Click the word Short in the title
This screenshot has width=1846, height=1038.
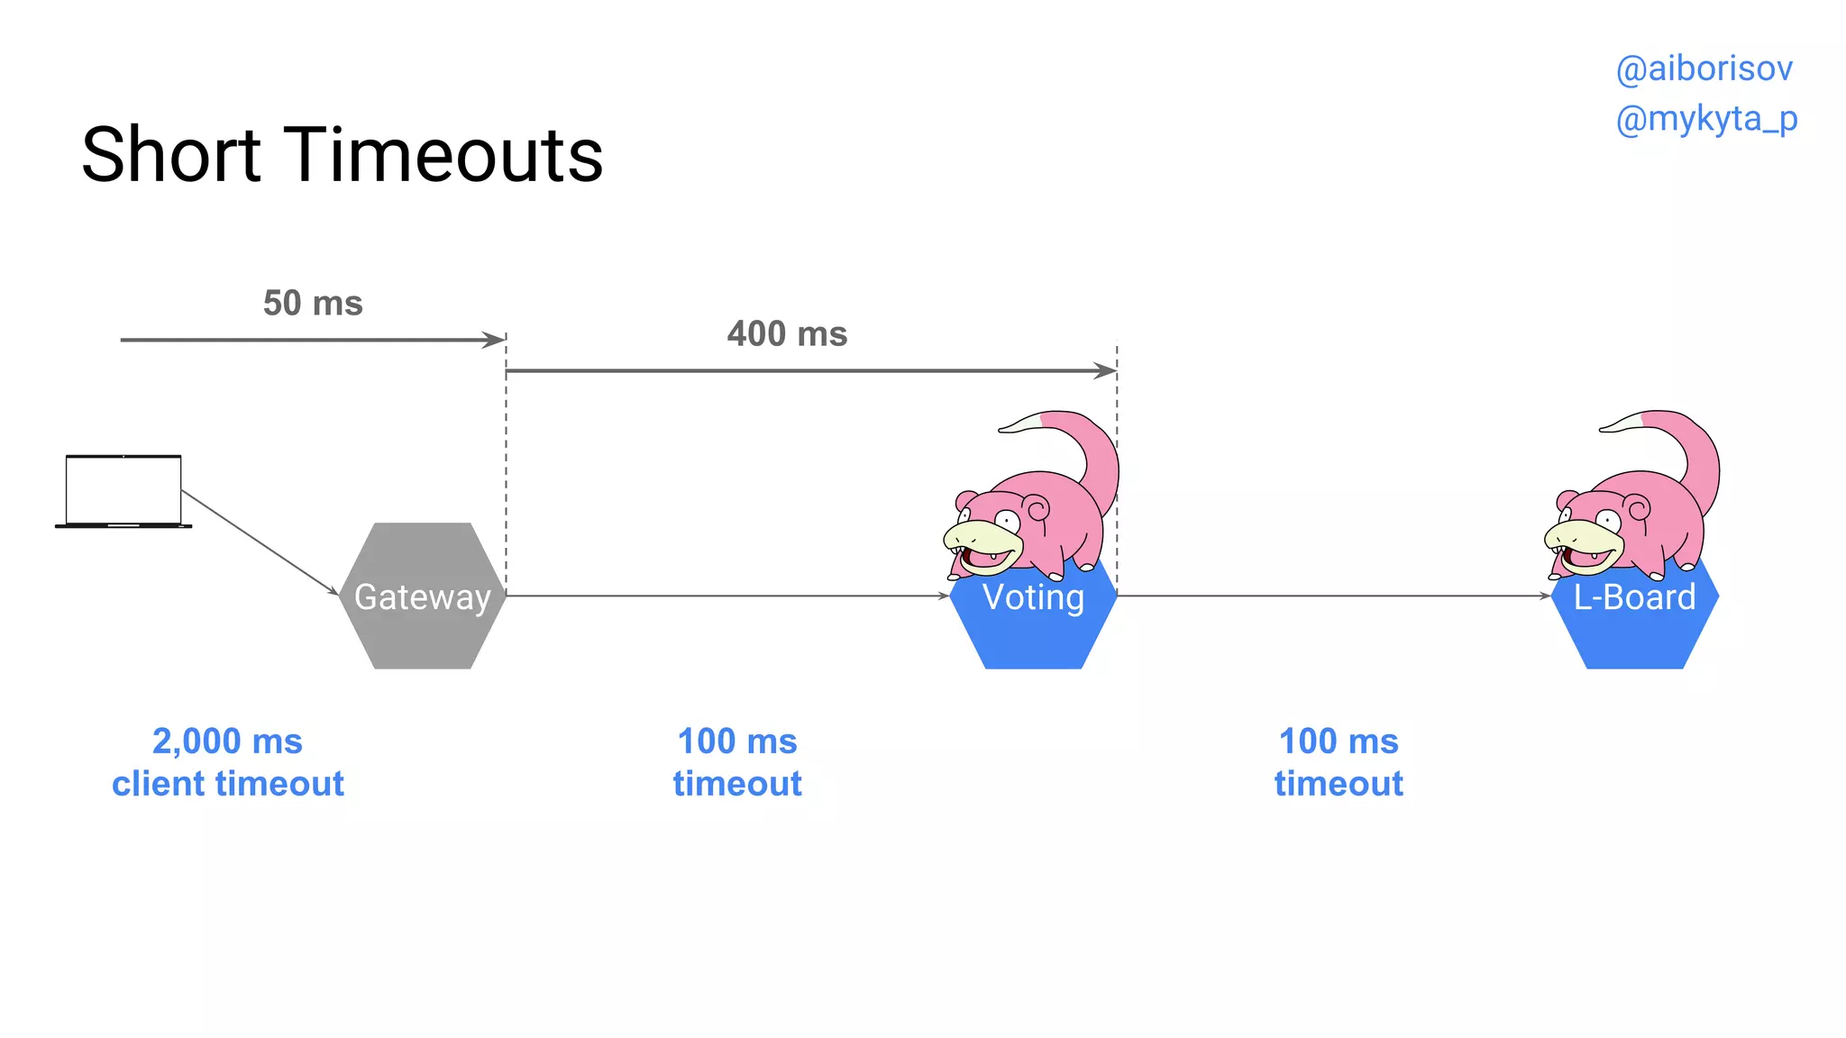[171, 155]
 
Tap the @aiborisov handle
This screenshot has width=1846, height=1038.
[1704, 69]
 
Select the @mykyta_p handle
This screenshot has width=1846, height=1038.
[1706, 119]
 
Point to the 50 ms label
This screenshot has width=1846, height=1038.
[313, 304]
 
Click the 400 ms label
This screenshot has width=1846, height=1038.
[787, 334]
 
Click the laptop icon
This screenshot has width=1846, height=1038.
[123, 491]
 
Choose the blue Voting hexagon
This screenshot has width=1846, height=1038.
[1033, 631]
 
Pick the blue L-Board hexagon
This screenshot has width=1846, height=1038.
[1634, 635]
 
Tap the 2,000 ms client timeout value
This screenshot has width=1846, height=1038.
[227, 742]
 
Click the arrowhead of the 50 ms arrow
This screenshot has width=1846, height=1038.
[495, 340]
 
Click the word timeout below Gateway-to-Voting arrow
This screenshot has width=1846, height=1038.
[737, 784]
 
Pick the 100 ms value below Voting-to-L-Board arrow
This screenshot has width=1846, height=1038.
[1339, 742]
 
